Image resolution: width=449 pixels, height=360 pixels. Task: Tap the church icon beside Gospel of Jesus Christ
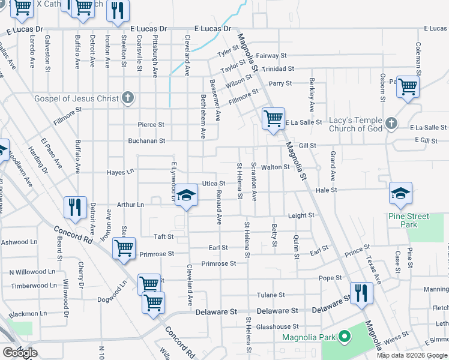127,98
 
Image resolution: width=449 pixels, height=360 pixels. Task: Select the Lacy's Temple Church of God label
355,124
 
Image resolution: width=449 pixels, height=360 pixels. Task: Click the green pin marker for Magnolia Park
344,337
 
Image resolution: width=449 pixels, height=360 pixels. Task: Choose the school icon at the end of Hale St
400,193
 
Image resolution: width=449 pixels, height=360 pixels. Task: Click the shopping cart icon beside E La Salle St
273,118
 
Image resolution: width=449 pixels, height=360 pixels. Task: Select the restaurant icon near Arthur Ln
75,207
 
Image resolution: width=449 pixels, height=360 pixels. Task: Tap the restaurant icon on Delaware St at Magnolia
361,293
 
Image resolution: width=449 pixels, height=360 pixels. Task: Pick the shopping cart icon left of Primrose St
124,248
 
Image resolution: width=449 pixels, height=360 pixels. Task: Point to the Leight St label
301,215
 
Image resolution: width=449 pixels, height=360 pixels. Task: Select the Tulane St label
270,295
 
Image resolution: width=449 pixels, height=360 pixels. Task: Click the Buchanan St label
146,141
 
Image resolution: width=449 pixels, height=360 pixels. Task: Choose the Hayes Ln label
120,172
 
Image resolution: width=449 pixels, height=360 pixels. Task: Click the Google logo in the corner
20,353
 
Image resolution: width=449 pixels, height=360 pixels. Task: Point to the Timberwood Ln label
33,286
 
